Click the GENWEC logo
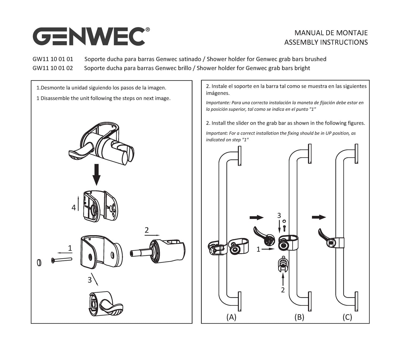pos(91,36)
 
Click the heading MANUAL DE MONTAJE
pos(331,33)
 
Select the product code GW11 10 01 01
pos(53,59)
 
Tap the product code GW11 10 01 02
pos(53,68)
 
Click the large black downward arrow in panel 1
pos(97,175)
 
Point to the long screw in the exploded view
pos(62,260)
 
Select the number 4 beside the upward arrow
pos(74,208)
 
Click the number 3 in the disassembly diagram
pos(90,280)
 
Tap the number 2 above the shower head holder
pos(147,230)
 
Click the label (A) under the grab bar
pos(231,317)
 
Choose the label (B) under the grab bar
pos(299,317)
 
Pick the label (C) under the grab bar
pos(347,317)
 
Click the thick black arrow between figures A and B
pos(257,217)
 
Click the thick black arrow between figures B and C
pos(319,217)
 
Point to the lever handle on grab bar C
pos(323,235)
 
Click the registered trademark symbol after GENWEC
pos(148,30)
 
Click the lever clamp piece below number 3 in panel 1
pos(106,304)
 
